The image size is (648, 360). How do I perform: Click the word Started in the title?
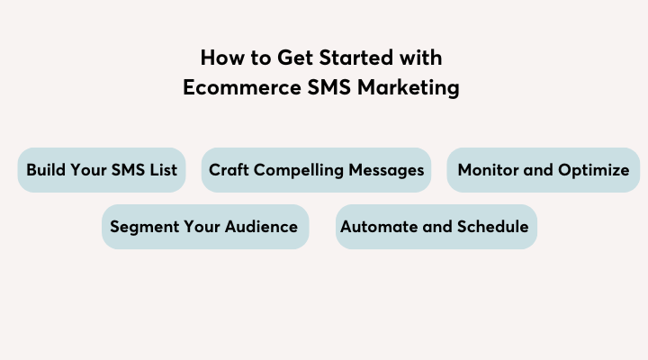pyautogui.click(x=355, y=58)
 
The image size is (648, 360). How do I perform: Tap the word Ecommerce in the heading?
pyautogui.click(x=242, y=87)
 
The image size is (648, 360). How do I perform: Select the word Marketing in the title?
pyautogui.click(x=409, y=88)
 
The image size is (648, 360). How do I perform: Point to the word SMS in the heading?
pyautogui.click(x=329, y=87)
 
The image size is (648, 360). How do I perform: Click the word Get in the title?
pyautogui.click(x=295, y=58)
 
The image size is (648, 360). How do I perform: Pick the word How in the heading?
pyautogui.click(x=223, y=58)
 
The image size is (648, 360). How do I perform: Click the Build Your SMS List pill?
pyautogui.click(x=102, y=170)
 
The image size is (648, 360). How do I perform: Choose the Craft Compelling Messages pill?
pyautogui.click(x=316, y=170)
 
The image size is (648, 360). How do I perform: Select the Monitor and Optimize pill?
pyautogui.click(x=544, y=170)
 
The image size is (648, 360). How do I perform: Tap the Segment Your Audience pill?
pyautogui.click(x=205, y=227)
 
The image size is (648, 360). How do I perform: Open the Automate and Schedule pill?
pyautogui.click(x=436, y=227)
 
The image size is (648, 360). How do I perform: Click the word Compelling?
pyautogui.click(x=299, y=170)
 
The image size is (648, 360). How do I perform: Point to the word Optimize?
pyautogui.click(x=593, y=170)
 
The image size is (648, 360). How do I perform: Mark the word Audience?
pyautogui.click(x=261, y=227)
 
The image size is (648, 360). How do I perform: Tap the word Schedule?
pyautogui.click(x=492, y=227)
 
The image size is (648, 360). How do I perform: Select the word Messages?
pyautogui.click(x=386, y=170)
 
